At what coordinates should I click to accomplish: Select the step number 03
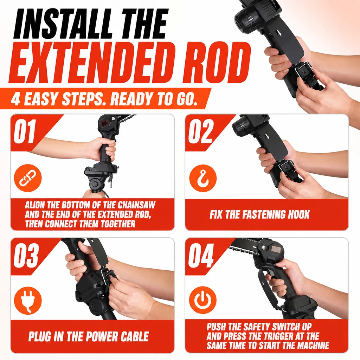[x=26, y=256]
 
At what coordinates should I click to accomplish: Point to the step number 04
[x=201, y=256]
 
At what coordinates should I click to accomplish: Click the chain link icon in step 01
[x=28, y=178]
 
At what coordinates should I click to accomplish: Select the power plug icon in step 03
[x=28, y=301]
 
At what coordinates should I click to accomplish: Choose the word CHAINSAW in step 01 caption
[x=137, y=205]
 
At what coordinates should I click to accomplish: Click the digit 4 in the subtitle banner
[x=15, y=99]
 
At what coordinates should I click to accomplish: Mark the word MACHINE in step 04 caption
[x=312, y=346]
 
